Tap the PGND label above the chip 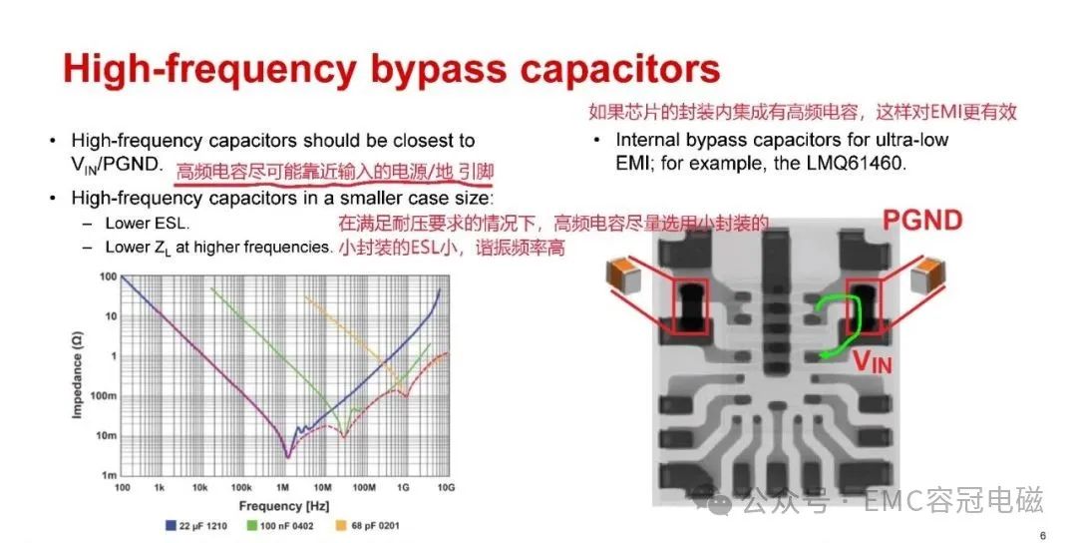click(922, 221)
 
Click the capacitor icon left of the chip click(623, 272)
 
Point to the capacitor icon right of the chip click(927, 273)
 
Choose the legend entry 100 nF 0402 click(280, 526)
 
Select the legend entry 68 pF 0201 click(367, 526)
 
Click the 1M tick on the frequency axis click(282, 488)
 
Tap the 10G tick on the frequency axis click(446, 488)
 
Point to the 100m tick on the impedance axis click(104, 396)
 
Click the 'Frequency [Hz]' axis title click(283, 507)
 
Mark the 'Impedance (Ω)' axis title click(77, 374)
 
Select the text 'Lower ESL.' click(147, 224)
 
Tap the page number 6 click(1043, 535)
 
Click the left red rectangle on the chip click(690, 307)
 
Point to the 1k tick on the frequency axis click(160, 488)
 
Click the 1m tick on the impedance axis click(110, 475)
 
